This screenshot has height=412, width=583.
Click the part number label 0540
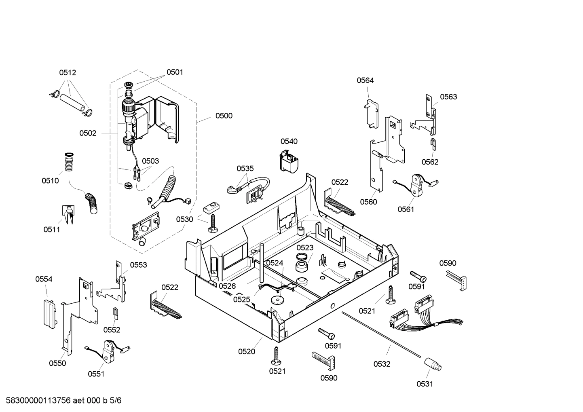click(x=289, y=141)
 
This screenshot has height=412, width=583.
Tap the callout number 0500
click(x=224, y=116)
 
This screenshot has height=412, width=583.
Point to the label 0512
click(x=68, y=73)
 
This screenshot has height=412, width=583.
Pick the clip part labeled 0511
click(x=68, y=213)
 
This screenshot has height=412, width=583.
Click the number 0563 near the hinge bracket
click(x=448, y=97)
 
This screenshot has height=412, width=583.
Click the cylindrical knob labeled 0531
click(x=432, y=364)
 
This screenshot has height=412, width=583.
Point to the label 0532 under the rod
click(x=382, y=364)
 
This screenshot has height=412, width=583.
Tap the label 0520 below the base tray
click(x=246, y=351)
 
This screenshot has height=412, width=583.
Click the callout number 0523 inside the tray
click(x=305, y=248)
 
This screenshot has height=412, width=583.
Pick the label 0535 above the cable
click(x=245, y=168)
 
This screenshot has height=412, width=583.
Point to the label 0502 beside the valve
click(x=88, y=133)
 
